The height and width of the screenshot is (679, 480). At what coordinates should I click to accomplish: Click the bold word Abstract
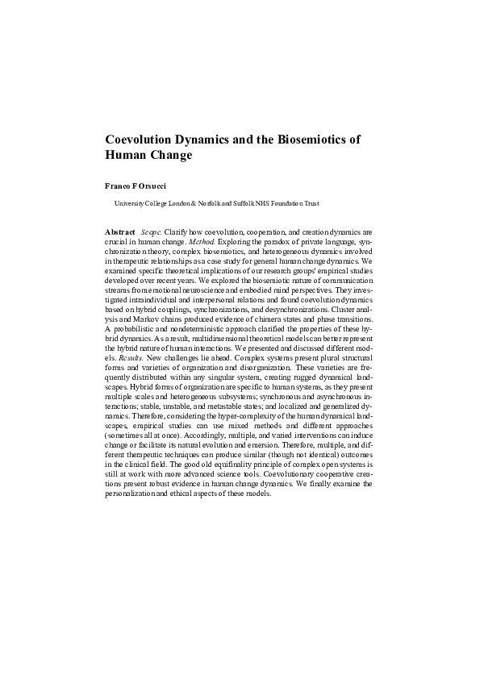pos(120,231)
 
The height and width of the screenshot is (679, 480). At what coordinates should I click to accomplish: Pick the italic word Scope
pos(151,231)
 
